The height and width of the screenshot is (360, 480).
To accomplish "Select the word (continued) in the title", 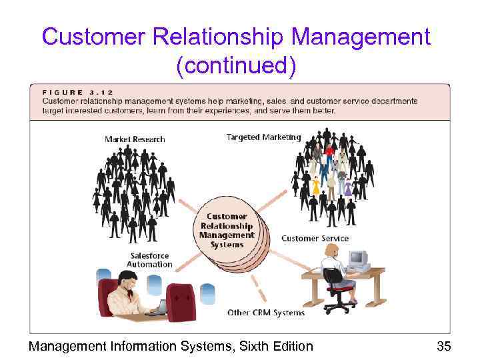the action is point(236,65).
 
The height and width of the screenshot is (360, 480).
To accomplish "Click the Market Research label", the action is point(135,139).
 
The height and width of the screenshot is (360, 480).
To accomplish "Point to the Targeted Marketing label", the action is point(263,137).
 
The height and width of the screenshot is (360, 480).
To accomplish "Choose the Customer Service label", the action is point(315,238).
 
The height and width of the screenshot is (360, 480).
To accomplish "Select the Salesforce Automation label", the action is point(149,260).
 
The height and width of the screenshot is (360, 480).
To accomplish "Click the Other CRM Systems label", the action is point(266,312).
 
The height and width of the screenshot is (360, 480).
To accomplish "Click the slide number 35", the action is point(443,346).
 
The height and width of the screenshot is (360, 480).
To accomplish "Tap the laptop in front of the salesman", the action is point(160,308).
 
